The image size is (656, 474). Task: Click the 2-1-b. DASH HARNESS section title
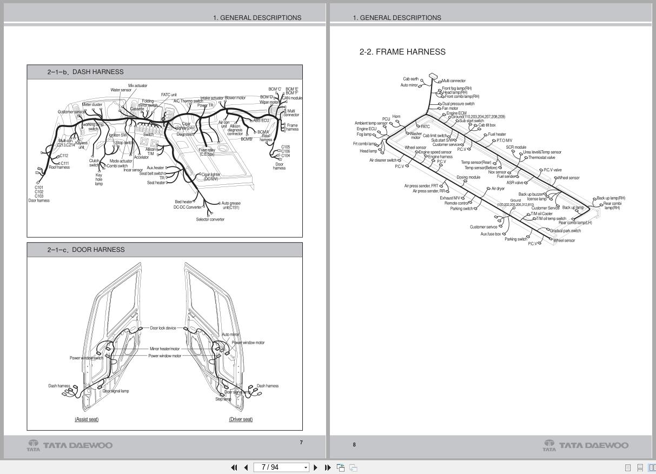(x=85, y=72)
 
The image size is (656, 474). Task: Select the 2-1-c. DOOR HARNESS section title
(x=85, y=250)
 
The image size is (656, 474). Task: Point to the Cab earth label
(x=410, y=79)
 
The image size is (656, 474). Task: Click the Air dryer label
(x=498, y=189)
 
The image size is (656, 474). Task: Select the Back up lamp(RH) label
(x=611, y=198)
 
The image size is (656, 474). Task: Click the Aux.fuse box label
(x=491, y=234)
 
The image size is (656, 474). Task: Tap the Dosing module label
(x=468, y=177)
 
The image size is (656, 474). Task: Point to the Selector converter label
(x=210, y=219)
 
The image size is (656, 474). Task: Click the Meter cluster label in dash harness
(x=92, y=105)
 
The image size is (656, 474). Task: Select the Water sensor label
(x=121, y=90)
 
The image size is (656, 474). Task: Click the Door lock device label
(x=163, y=328)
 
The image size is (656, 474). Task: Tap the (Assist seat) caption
(x=87, y=419)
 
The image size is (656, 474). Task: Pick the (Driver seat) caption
(x=241, y=419)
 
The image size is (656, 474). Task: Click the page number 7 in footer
(x=301, y=443)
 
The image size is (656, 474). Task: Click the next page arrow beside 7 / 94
(x=316, y=468)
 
